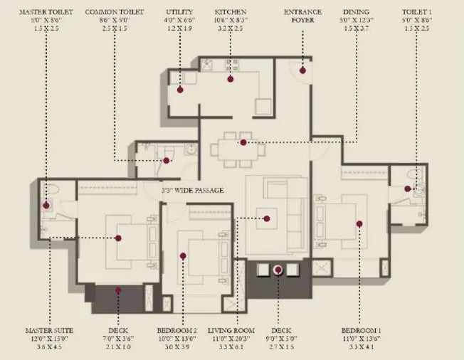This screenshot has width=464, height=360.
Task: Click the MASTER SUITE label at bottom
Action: tap(50, 331)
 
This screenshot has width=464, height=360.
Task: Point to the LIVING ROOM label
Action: tap(231, 331)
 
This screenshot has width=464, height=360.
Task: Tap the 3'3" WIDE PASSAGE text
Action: tap(194, 191)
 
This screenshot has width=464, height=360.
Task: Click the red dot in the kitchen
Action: tap(231, 78)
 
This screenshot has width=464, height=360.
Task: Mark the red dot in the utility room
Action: tap(180, 90)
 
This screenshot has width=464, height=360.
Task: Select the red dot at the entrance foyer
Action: tap(302, 70)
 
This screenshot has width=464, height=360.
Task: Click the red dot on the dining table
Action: tap(243, 143)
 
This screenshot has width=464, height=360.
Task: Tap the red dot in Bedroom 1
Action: tap(359, 223)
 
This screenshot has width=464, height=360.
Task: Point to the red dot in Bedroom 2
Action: tap(183, 255)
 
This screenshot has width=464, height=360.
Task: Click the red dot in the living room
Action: tap(268, 218)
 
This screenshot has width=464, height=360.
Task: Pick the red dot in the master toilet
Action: tap(47, 206)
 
